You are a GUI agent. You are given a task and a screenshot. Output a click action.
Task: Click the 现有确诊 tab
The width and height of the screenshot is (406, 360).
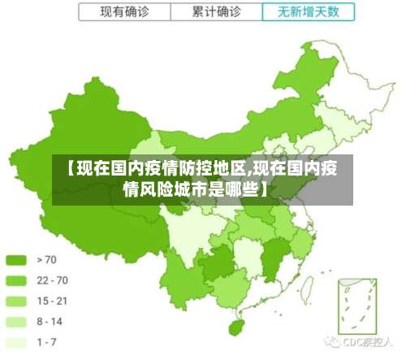(x=123, y=12)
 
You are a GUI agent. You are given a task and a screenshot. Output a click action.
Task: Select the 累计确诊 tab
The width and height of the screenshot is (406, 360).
(x=217, y=12)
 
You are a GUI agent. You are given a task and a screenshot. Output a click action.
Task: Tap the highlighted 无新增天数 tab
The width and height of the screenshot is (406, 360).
(x=309, y=12)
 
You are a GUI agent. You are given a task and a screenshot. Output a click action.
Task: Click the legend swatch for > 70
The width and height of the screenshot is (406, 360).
(x=17, y=260)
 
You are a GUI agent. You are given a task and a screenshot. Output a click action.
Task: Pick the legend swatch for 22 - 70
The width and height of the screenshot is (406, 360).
(x=17, y=280)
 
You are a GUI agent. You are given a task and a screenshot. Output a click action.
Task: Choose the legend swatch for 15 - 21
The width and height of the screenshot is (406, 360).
(x=17, y=301)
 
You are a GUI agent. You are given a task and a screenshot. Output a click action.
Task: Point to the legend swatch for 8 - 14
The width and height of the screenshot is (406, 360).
(x=17, y=322)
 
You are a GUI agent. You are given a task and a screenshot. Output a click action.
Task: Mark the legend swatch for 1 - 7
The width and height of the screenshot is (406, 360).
(x=17, y=342)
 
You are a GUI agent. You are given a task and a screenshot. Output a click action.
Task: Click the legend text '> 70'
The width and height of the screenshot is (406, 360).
(x=47, y=260)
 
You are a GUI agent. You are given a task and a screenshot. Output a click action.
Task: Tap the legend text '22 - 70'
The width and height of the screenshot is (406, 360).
(x=52, y=280)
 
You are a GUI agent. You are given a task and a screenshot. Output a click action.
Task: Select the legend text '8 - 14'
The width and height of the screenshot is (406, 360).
(x=50, y=322)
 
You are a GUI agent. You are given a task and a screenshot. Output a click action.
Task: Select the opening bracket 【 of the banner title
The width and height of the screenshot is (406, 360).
(x=71, y=170)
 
